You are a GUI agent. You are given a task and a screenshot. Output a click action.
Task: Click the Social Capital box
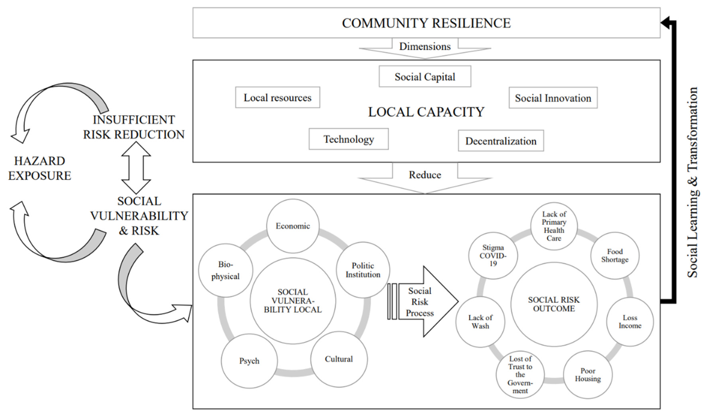point(425,76)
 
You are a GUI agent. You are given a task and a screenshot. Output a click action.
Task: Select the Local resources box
point(277,97)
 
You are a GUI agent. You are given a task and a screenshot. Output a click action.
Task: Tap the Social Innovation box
point(553,98)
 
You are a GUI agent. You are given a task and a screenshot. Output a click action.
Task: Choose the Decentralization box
point(501,141)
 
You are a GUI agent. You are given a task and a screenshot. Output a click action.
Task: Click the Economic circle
point(293,226)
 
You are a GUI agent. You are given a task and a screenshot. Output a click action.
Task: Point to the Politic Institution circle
point(363,270)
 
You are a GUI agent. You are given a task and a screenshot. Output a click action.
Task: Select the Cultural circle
point(339,359)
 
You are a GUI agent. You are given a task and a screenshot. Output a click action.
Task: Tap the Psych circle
point(249,361)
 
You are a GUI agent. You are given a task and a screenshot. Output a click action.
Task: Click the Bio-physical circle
point(225,270)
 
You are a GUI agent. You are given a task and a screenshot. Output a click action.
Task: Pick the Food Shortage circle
point(615,256)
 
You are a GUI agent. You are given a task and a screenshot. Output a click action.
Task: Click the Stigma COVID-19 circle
point(493,256)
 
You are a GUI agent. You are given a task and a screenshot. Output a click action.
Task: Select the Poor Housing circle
point(588,374)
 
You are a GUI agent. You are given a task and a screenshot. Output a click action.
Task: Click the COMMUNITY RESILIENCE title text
point(426,23)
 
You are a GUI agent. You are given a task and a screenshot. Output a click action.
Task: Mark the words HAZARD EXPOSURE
point(39,168)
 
